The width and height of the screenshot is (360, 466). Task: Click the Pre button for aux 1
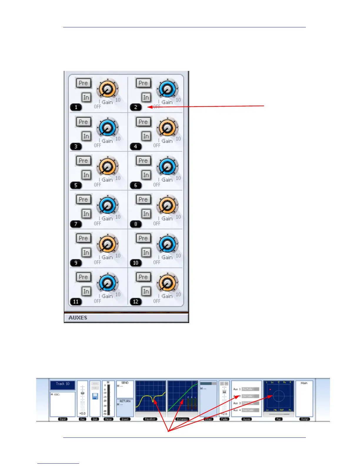(83, 83)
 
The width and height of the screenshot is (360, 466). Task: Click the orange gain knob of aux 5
(107, 167)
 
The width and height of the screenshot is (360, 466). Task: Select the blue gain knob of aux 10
(167, 244)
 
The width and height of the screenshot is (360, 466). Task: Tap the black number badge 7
(76, 224)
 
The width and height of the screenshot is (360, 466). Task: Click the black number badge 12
(136, 302)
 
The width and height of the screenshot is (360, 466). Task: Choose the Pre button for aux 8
(143, 199)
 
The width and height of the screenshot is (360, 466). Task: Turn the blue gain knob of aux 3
(107, 128)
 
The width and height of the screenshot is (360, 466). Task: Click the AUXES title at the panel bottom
(78, 318)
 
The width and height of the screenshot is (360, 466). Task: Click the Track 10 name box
(63, 384)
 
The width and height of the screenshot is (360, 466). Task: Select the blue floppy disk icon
(95, 396)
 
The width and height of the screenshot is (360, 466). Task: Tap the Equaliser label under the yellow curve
(150, 419)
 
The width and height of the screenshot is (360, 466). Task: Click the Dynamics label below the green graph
(182, 419)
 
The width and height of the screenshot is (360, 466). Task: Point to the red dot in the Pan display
(270, 390)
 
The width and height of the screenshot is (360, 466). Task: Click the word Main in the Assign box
(304, 383)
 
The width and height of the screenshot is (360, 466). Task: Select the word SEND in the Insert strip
(125, 383)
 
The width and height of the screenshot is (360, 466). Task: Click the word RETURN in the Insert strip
(125, 401)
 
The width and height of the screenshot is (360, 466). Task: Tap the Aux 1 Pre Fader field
(250, 389)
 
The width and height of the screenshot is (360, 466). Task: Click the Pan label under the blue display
(279, 419)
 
